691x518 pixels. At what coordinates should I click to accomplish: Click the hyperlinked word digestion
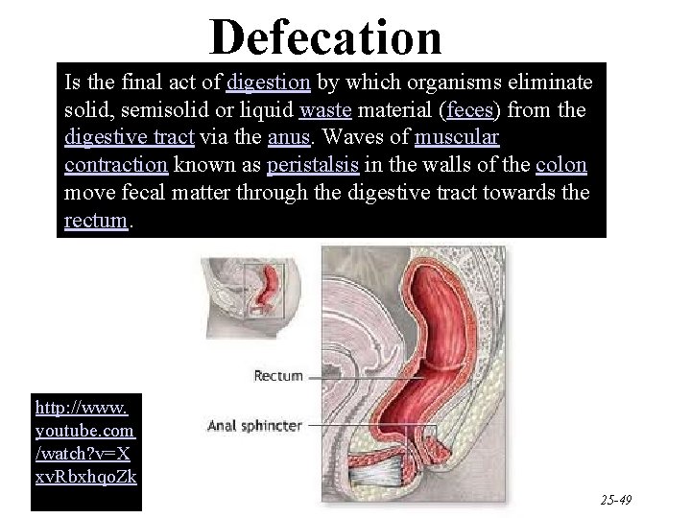click(x=268, y=82)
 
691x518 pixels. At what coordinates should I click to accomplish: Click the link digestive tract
click(x=129, y=137)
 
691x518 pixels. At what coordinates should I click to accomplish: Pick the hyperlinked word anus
click(x=287, y=137)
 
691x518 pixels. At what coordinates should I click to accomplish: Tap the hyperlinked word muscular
click(x=457, y=137)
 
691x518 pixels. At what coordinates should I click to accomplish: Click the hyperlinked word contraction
click(x=116, y=165)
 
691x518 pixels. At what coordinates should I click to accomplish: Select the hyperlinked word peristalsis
click(x=313, y=165)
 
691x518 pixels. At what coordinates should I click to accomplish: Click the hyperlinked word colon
click(x=561, y=165)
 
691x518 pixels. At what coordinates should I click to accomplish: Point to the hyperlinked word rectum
click(x=95, y=221)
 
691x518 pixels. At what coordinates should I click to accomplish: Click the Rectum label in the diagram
click(x=277, y=377)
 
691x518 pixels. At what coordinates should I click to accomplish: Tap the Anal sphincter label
click(x=255, y=425)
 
